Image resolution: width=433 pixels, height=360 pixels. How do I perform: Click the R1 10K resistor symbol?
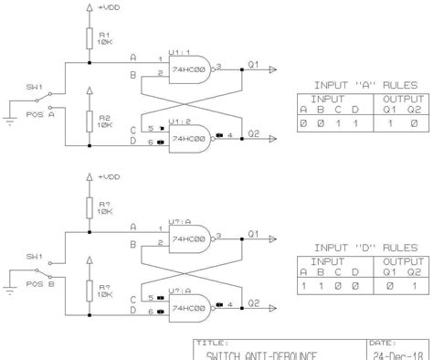click(89, 37)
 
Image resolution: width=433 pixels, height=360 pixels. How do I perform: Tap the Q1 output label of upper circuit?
click(254, 63)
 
